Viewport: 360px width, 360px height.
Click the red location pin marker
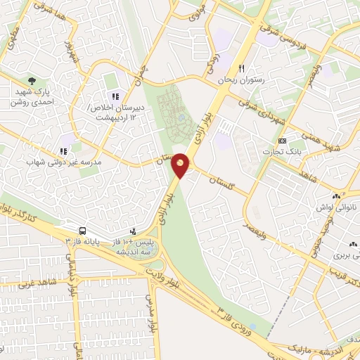click(181, 165)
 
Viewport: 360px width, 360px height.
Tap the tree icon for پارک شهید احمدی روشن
click(30, 81)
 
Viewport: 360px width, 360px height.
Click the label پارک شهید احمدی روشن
click(32, 96)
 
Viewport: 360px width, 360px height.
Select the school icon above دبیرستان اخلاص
click(115, 96)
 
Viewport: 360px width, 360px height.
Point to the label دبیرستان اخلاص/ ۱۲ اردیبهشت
click(115, 112)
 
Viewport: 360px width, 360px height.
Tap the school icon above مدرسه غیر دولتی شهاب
click(63, 150)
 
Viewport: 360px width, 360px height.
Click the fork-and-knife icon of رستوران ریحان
click(241, 69)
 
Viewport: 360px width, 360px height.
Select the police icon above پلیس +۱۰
click(133, 231)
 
